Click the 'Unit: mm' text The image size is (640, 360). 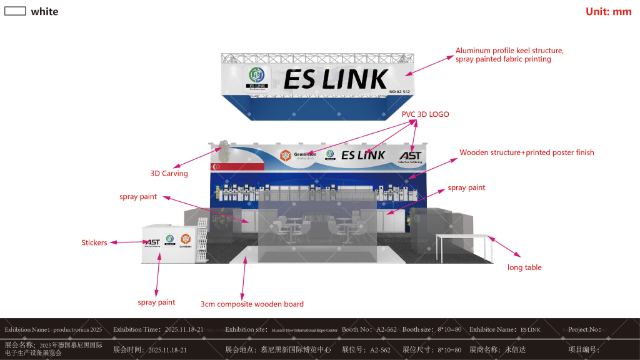pyautogui.click(x=608, y=11)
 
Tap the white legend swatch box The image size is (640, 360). pyautogui.click(x=15, y=11)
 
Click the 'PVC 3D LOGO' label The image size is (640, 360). pyautogui.click(x=425, y=114)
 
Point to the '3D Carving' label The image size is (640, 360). pyautogui.click(x=169, y=173)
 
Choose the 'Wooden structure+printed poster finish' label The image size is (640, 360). pyautogui.click(x=526, y=152)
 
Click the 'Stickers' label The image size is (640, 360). pyautogui.click(x=94, y=242)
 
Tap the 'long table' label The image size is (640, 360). pyautogui.click(x=524, y=267)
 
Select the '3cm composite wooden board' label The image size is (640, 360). pyautogui.click(x=252, y=304)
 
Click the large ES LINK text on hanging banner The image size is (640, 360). pyautogui.click(x=336, y=79)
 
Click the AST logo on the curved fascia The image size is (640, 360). pyautogui.click(x=410, y=156)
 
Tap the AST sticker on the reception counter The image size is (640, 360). pyautogui.click(x=152, y=242)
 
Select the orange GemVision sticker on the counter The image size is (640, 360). pyautogui.click(x=185, y=239)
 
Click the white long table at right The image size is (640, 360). pyautogui.click(x=463, y=236)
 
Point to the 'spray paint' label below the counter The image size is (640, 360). pyautogui.click(x=156, y=302)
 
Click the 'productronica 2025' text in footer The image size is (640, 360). pyautogui.click(x=77, y=329)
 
